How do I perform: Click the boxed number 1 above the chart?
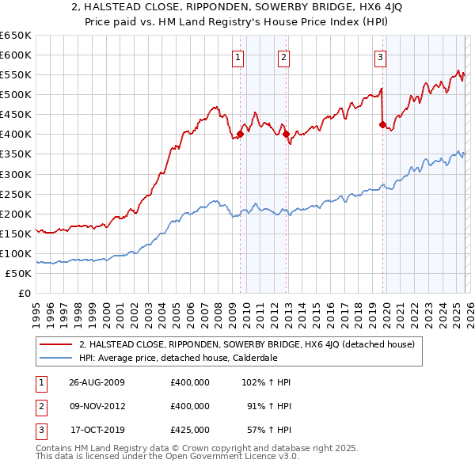238,56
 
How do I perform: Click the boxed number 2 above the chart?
283,56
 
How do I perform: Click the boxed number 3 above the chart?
380,56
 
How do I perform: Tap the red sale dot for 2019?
382,124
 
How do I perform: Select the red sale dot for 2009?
240,134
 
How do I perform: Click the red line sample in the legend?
56,344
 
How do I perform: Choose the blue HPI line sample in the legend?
56,358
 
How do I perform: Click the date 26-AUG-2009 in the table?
97,382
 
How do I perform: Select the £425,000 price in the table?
190,430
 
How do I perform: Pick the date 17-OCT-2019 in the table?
97,430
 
